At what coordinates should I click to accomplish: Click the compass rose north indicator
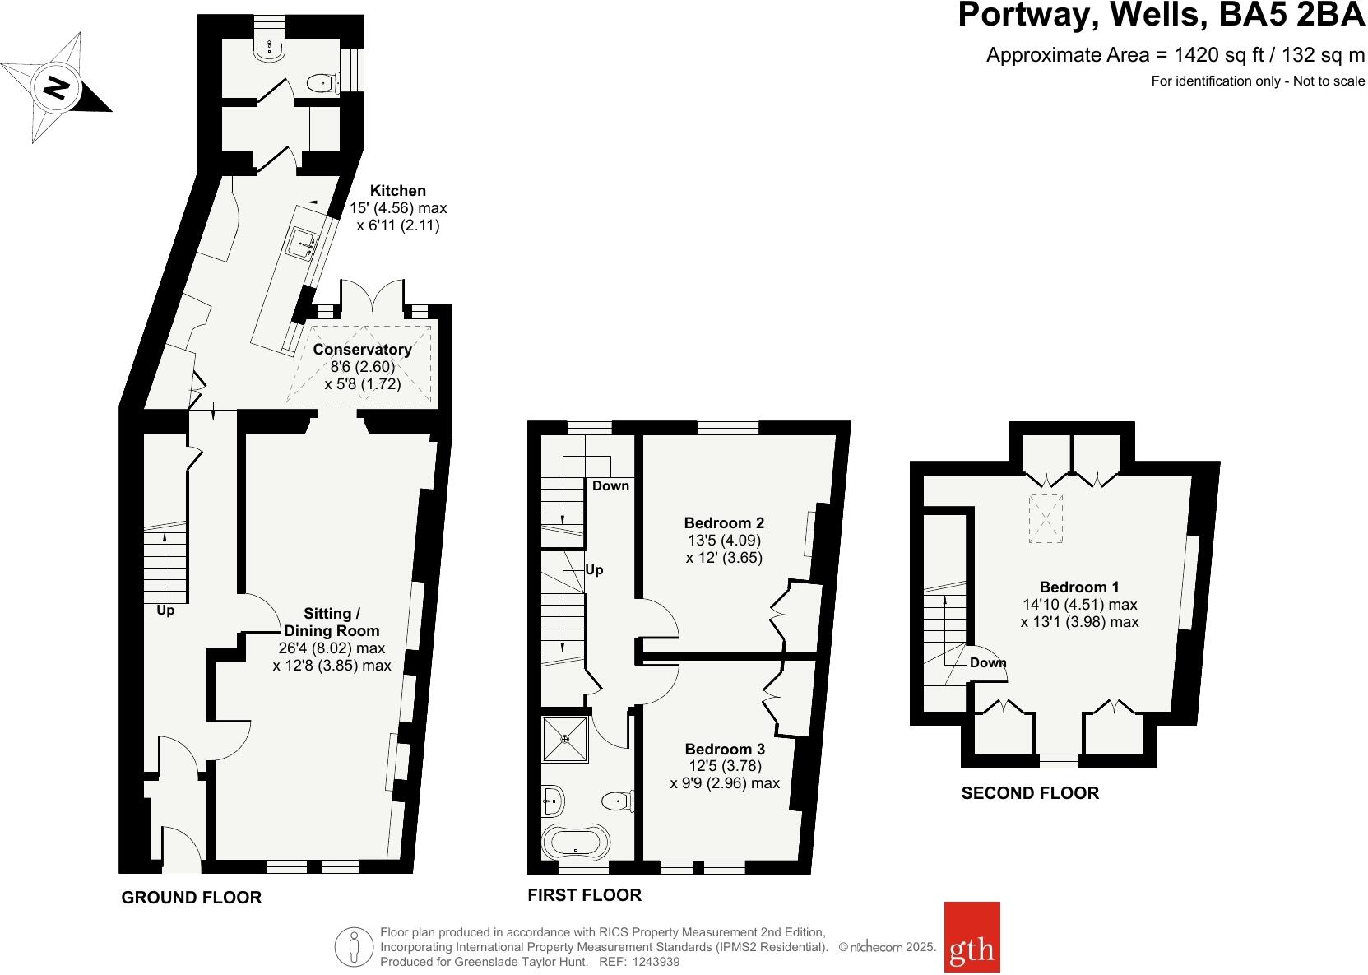[56, 87]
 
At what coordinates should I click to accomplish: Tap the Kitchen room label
[397, 191]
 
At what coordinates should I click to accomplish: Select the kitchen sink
[304, 243]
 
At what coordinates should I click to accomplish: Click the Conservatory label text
[362, 350]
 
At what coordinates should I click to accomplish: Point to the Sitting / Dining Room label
[332, 622]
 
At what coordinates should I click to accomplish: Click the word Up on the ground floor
[165, 611]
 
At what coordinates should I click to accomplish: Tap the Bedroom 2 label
[724, 522]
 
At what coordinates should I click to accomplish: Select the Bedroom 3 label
[725, 749]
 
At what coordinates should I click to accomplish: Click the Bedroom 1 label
[1079, 587]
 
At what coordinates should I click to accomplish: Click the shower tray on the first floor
[566, 739]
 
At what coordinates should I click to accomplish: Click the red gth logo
[972, 948]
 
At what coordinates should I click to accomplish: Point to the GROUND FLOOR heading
[192, 898]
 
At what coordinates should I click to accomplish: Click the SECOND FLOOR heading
[1030, 793]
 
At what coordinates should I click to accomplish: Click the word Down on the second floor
[988, 662]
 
